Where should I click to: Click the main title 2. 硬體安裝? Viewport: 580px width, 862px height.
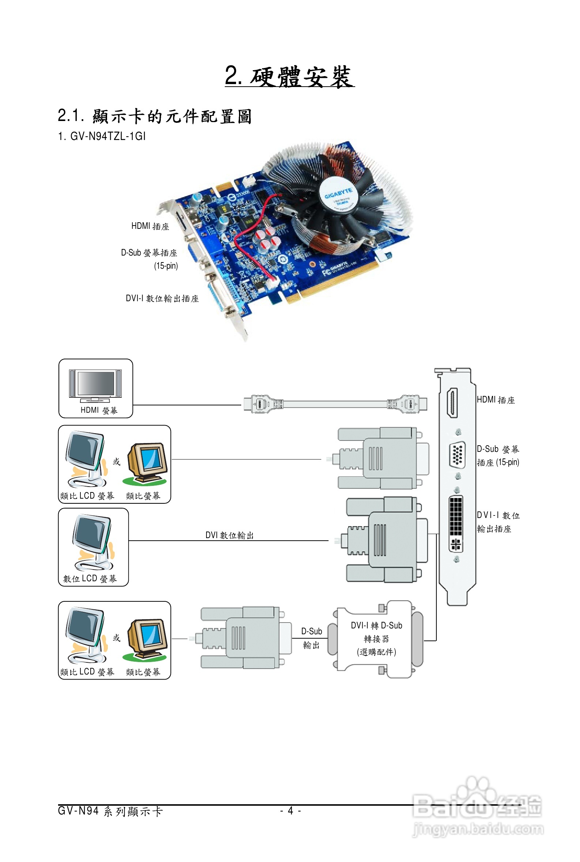point(289,76)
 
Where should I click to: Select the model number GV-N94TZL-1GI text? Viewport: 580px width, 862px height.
point(102,136)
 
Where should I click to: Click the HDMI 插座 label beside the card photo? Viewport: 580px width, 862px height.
point(150,226)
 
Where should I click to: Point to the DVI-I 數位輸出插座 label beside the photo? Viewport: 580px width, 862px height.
point(162,298)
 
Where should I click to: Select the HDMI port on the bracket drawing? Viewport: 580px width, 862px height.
point(452,403)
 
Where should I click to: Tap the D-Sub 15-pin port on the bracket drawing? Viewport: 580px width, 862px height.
point(457,454)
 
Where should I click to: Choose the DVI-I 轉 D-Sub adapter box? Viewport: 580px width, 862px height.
point(376,639)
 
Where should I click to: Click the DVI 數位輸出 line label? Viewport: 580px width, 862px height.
point(230,535)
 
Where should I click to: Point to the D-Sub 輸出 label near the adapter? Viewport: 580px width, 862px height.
point(311,638)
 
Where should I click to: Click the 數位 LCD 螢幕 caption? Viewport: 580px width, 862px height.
point(90,579)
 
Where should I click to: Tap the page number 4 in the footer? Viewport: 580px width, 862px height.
point(291,811)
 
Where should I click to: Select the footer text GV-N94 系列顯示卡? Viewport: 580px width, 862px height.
point(110,811)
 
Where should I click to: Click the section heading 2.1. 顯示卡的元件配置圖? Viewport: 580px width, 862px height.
point(155,116)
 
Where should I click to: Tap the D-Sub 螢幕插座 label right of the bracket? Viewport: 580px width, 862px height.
point(498,455)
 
